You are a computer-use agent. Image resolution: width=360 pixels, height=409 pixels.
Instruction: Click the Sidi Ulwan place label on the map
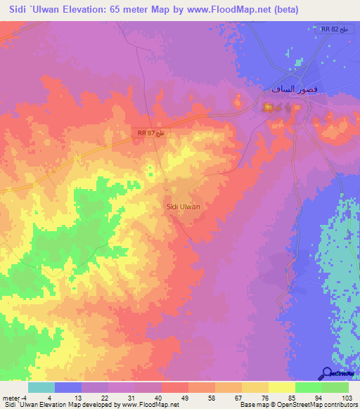click(x=183, y=207)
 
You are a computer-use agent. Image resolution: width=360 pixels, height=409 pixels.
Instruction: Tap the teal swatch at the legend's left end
click(x=41, y=387)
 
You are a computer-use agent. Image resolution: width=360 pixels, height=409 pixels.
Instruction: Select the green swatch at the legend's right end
click(x=335, y=387)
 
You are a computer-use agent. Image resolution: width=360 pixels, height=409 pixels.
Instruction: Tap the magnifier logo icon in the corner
click(x=328, y=373)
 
